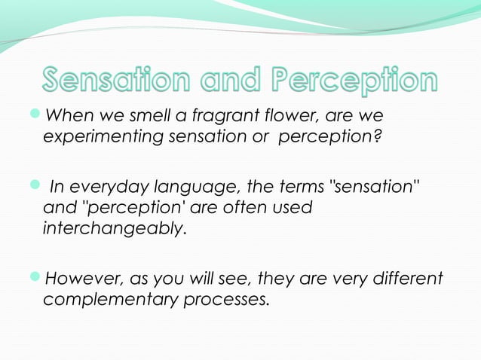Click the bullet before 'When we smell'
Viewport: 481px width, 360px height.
(37, 116)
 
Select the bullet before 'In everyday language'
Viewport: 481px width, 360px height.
(37, 185)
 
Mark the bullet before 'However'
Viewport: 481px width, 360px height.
(37, 278)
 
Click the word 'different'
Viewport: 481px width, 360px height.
(407, 279)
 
